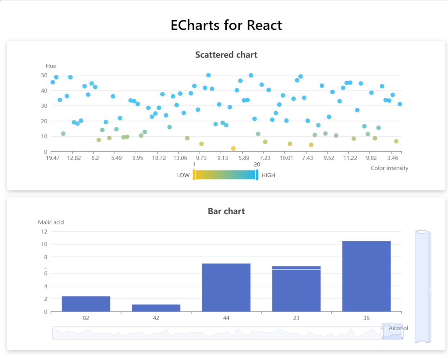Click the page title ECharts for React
point(226,25)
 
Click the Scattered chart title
point(226,55)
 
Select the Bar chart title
point(226,211)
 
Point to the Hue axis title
point(51,66)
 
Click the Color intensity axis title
point(389,168)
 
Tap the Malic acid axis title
point(51,222)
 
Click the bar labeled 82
point(86,304)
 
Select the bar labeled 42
point(156,308)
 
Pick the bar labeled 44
point(226,288)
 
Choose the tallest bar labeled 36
point(366,276)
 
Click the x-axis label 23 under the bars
point(296,318)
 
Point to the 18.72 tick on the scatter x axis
point(159,158)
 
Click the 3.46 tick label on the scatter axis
point(393,158)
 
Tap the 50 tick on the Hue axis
point(44,75)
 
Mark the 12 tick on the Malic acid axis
point(44,232)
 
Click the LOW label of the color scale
point(183,175)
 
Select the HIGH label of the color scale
point(268,175)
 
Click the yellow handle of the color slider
point(194,175)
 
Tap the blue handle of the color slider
point(257,175)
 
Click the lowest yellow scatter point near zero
point(233,149)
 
